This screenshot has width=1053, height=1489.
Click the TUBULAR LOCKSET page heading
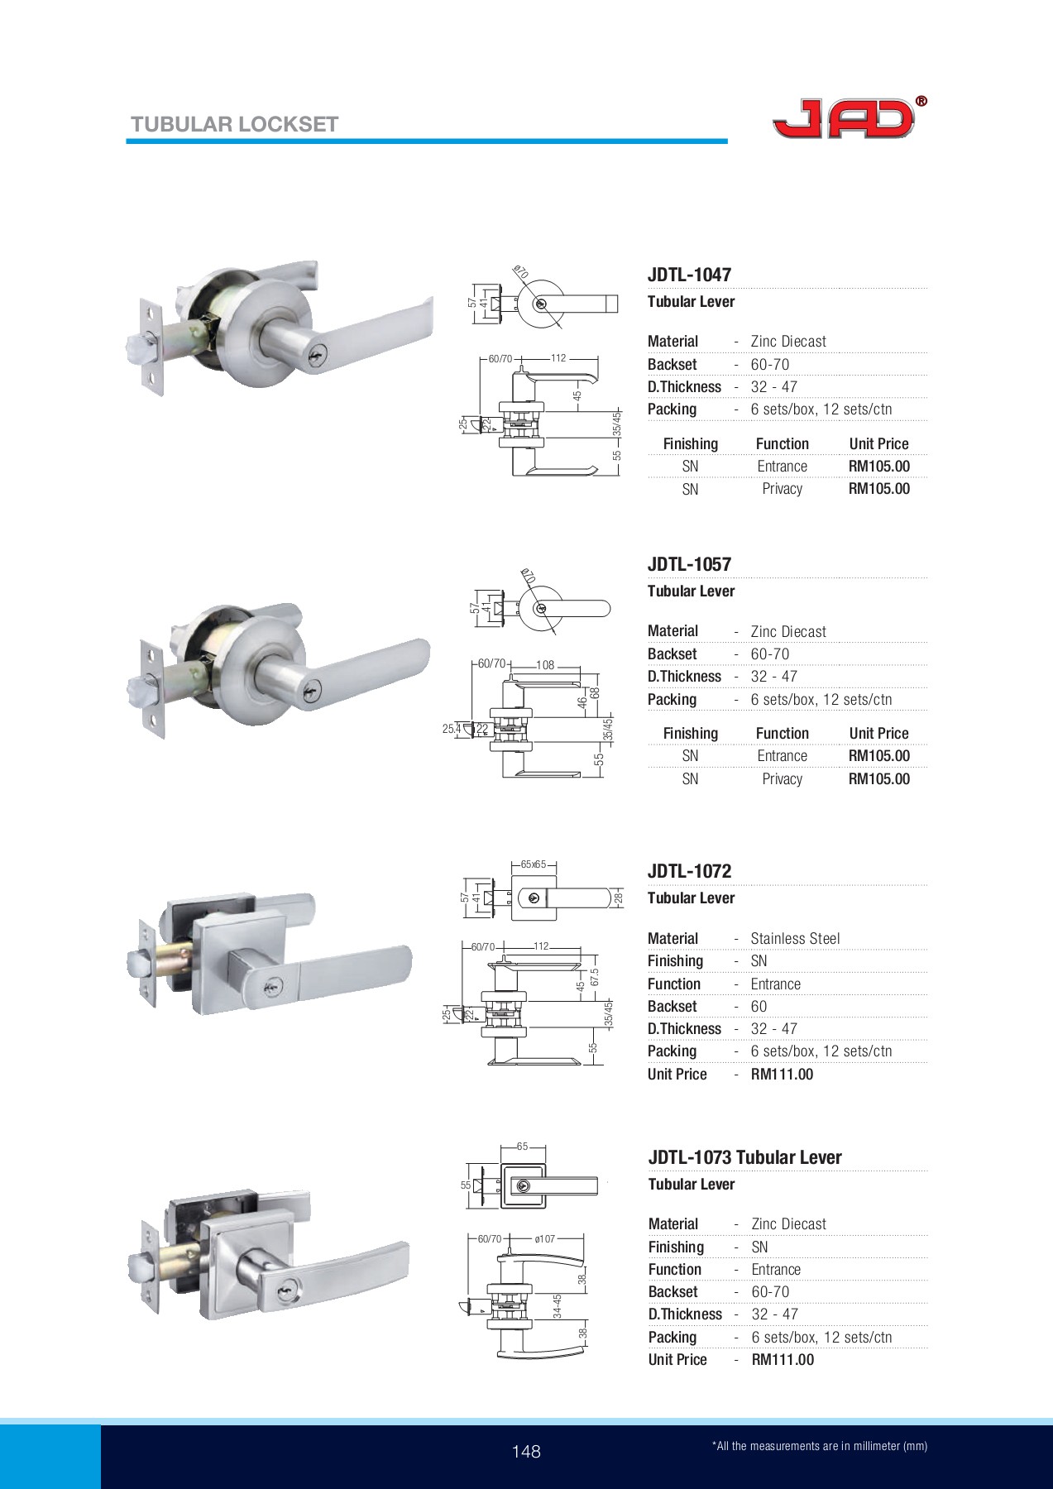click(234, 125)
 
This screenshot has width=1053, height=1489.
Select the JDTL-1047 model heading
click(689, 275)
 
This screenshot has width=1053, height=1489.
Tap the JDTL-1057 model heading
click(689, 564)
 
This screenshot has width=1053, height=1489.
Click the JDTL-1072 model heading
click(689, 871)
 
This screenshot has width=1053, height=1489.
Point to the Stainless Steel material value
click(795, 938)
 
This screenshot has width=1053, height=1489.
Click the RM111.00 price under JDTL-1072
click(782, 1075)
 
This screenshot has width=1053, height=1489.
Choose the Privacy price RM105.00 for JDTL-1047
click(878, 489)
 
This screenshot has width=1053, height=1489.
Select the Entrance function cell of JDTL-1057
click(782, 756)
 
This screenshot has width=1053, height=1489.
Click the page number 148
click(526, 1452)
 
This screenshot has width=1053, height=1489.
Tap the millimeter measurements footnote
click(819, 1447)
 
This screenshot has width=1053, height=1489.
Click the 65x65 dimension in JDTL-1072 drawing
click(534, 864)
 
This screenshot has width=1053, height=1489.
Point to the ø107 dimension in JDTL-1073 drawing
click(544, 1239)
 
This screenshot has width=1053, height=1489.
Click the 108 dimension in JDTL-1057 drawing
click(545, 665)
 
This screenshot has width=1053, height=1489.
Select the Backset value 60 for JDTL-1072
click(759, 1007)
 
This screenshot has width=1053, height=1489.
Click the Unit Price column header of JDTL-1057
click(878, 734)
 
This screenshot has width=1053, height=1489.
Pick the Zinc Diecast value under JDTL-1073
click(788, 1224)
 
